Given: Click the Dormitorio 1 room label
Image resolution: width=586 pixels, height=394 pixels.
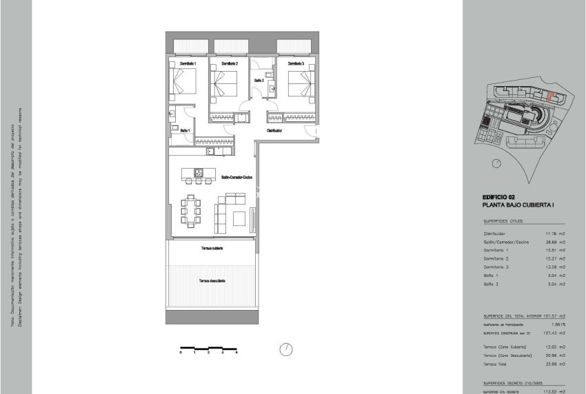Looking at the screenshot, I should (188, 64).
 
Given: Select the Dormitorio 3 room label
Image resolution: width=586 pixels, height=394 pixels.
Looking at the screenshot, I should (294, 64).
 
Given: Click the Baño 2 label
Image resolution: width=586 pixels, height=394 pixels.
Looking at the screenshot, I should (259, 81).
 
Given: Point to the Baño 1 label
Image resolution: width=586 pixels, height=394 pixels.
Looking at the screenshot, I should (185, 129).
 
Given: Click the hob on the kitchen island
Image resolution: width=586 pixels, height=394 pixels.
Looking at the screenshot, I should (198, 172).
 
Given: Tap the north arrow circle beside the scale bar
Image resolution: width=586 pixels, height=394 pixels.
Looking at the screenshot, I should (285, 350).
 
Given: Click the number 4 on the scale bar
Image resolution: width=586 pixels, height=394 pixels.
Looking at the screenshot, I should (236, 352).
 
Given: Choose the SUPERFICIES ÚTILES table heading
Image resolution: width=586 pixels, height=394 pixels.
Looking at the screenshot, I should (503, 221).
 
